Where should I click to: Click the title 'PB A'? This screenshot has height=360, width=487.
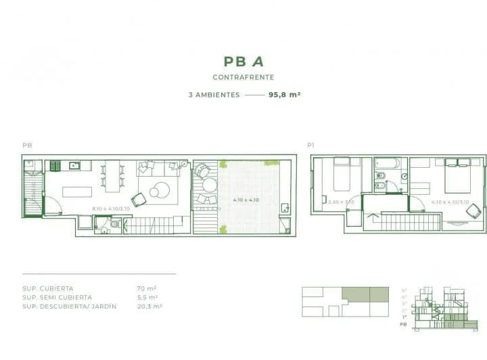243,62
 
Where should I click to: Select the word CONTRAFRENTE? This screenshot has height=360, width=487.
243,78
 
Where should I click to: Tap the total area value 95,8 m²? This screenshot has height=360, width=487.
284,95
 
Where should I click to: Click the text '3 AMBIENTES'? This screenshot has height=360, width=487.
214,95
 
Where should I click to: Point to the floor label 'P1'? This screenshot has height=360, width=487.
311,145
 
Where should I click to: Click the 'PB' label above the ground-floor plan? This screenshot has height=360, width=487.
27,145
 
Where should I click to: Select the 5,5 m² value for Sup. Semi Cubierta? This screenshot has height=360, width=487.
147,297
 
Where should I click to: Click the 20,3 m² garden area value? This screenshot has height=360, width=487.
149,307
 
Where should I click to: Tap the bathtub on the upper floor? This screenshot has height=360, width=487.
388,164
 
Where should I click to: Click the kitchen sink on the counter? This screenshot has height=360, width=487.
76,165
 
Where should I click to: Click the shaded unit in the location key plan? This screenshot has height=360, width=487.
365,294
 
